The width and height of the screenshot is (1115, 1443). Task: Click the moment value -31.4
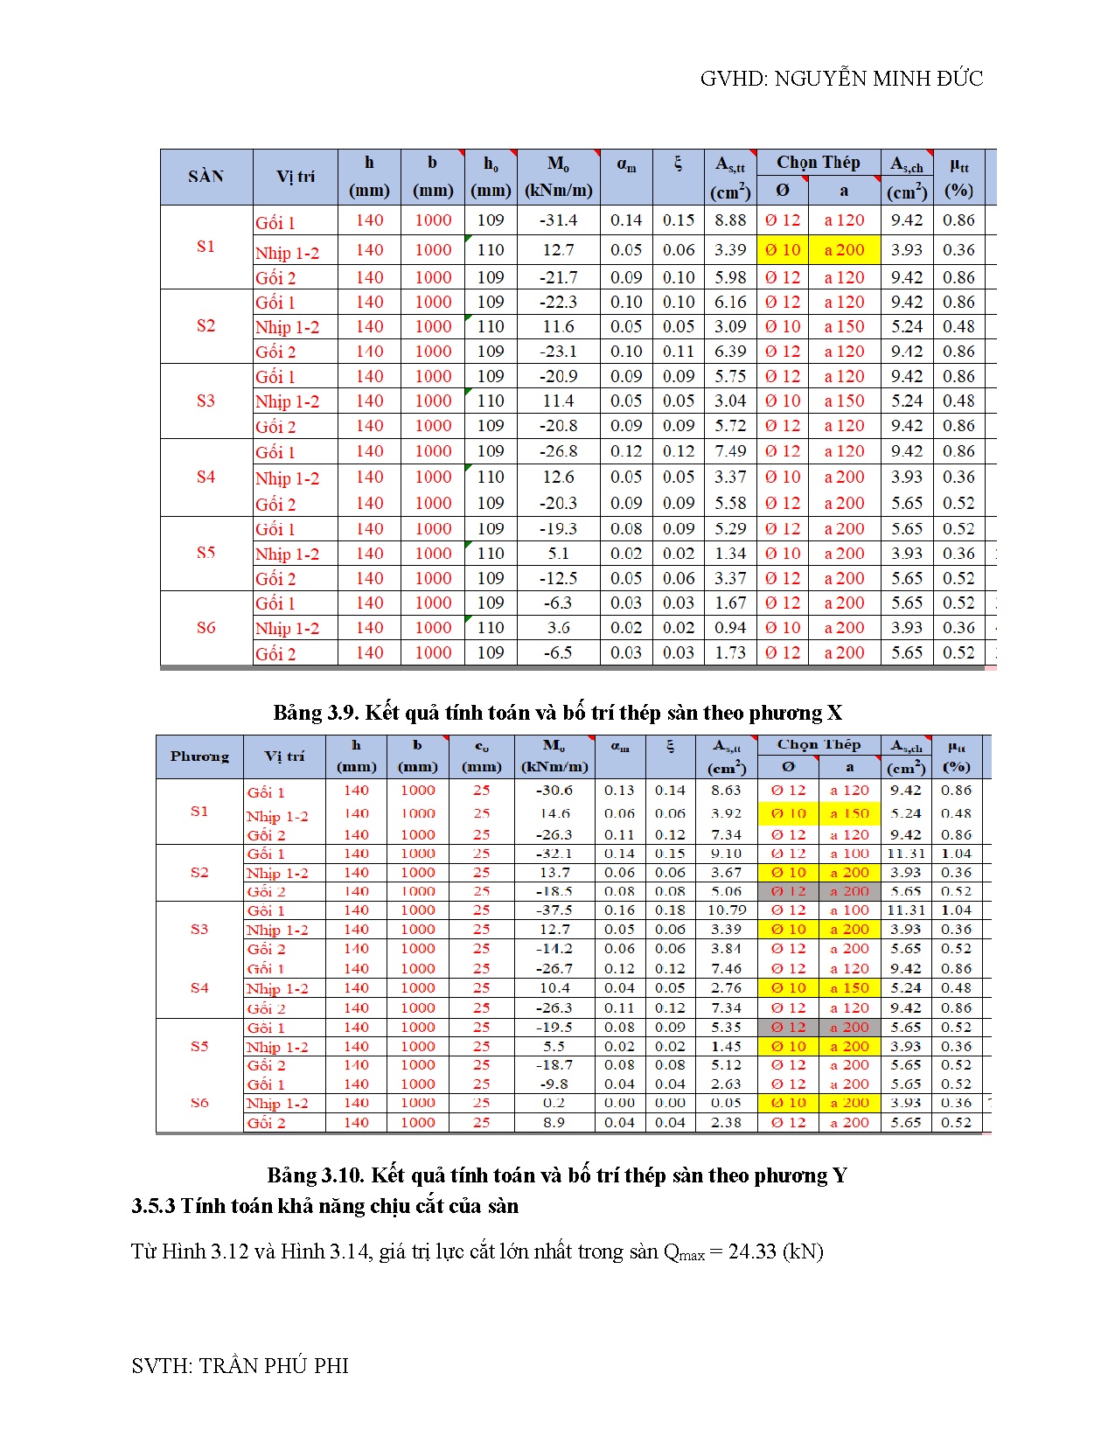558,220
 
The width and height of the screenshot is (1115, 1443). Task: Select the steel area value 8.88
730,220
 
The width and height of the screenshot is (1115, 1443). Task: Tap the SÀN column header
206,177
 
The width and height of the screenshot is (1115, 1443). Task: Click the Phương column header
199,756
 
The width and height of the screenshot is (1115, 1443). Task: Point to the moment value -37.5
554,910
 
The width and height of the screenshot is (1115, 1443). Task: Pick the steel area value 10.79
726,910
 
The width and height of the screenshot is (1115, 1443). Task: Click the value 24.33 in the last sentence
752,1251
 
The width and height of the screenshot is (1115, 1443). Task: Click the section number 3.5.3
153,1206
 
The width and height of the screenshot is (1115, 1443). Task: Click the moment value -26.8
558,451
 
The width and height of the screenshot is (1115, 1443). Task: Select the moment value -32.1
554,854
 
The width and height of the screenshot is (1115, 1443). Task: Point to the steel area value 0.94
730,628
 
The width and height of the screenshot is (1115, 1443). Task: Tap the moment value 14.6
554,813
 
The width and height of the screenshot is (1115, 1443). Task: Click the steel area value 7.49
730,451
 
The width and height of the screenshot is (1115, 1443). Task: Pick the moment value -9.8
554,1084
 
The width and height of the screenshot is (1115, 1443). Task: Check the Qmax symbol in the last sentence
684,1253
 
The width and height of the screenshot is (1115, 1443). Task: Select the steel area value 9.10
726,854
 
